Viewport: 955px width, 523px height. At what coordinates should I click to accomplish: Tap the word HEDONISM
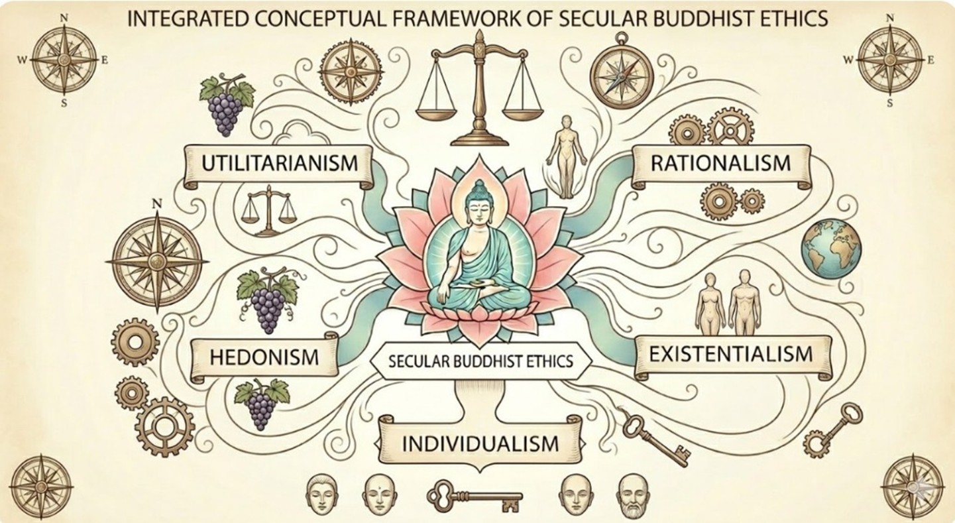pyautogui.click(x=264, y=356)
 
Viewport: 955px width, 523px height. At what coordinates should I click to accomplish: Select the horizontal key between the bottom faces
pyautogui.click(x=474, y=495)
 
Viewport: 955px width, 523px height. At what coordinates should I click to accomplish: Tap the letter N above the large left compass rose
pyautogui.click(x=157, y=203)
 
